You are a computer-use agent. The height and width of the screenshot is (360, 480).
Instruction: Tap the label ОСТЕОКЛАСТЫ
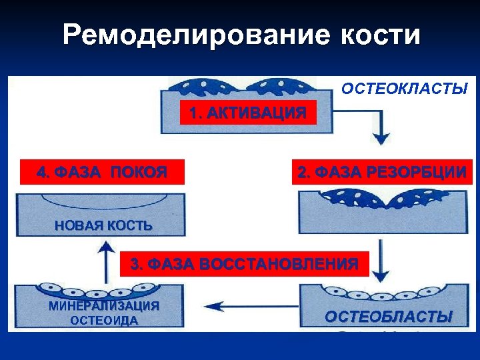(x=404, y=89)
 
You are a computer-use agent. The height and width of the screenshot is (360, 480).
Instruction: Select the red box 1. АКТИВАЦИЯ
(x=248, y=113)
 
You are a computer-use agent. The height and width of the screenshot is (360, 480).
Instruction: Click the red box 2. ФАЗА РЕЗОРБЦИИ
(x=381, y=173)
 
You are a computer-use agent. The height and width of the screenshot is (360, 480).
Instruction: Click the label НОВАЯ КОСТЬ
(x=103, y=226)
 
